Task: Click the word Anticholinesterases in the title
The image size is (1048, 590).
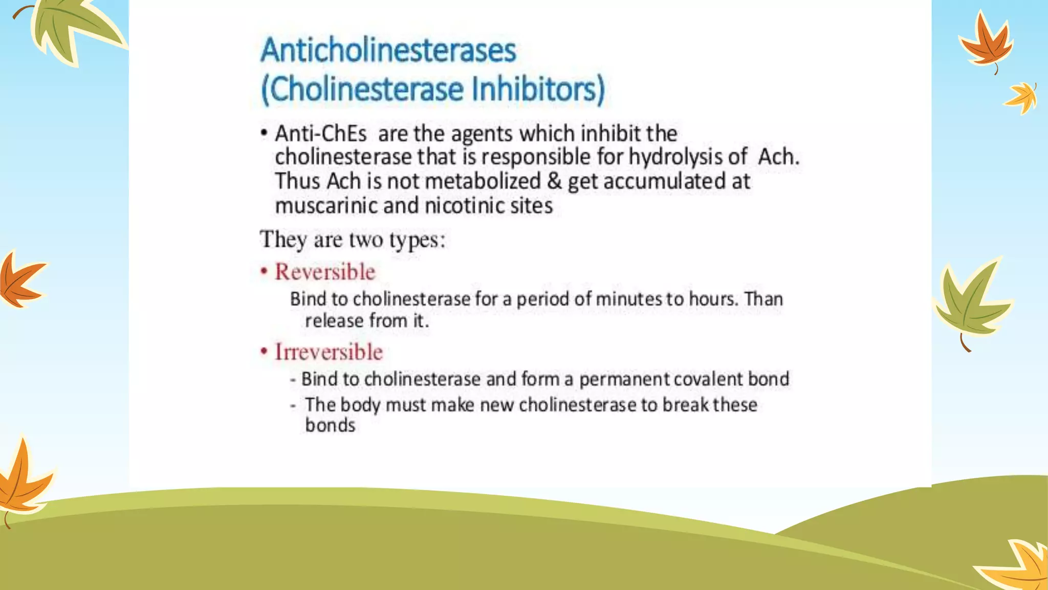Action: click(388, 51)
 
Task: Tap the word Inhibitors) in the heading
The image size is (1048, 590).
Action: click(538, 89)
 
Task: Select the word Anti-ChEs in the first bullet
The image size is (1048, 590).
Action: click(321, 134)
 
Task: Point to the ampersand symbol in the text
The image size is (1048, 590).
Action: click(554, 181)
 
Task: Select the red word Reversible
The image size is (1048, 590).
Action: click(325, 272)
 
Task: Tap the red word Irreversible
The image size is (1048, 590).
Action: click(329, 352)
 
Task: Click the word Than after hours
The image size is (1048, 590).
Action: click(763, 299)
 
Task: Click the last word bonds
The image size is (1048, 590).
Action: click(330, 426)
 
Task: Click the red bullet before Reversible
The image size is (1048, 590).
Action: click(264, 271)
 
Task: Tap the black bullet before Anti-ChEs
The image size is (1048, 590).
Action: click(264, 134)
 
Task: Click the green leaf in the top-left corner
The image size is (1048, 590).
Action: click(72, 26)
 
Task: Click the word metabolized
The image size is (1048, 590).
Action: click(483, 181)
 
